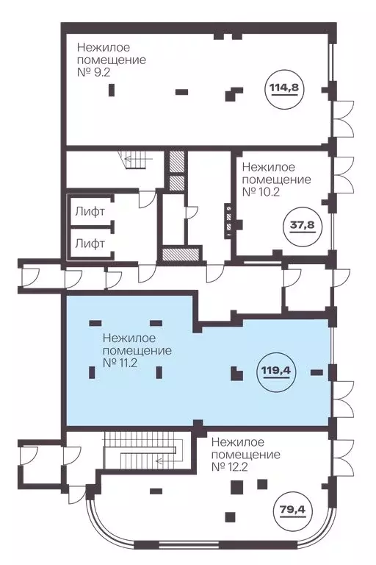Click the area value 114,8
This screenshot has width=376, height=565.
(x=284, y=88)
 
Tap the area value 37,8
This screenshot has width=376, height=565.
(x=303, y=225)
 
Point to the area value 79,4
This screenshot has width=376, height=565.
(x=292, y=510)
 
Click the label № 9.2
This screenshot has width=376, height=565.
(x=93, y=72)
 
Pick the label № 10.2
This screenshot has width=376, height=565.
(x=261, y=192)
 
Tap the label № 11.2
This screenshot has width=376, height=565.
(x=120, y=363)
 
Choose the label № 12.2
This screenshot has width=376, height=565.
(x=231, y=467)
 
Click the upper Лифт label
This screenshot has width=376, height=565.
(x=90, y=212)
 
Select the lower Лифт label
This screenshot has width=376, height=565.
(x=90, y=244)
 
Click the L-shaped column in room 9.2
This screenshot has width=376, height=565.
(x=233, y=94)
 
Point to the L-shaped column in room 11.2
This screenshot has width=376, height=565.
(x=236, y=374)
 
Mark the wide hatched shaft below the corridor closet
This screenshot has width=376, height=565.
(x=181, y=255)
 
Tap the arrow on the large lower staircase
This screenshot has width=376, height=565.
(x=163, y=461)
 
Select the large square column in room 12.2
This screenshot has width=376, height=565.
(x=236, y=487)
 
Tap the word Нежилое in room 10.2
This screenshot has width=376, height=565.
(x=269, y=167)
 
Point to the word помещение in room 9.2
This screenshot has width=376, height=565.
(x=112, y=60)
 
